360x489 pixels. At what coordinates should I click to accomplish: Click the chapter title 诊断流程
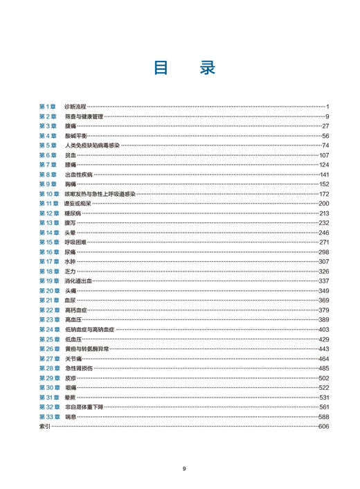75,107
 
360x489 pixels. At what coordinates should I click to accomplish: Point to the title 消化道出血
78,281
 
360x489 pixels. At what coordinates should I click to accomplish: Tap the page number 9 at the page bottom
184,469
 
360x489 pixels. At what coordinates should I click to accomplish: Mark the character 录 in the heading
206,68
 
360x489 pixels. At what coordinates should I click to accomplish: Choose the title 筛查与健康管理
83,116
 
